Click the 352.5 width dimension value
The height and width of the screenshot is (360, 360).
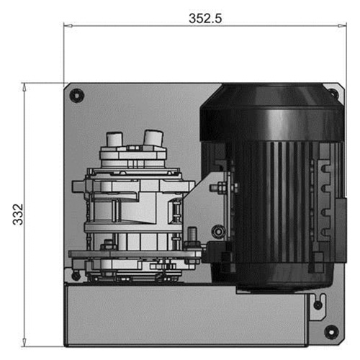coord(205,19)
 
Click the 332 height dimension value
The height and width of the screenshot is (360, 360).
coord(18,215)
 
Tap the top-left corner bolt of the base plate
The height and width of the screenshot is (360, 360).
coord(76,96)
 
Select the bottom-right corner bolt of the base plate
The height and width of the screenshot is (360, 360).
coord(331,332)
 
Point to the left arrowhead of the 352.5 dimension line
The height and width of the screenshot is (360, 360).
coord(68,26)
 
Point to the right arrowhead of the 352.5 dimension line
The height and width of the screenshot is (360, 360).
coord(342,26)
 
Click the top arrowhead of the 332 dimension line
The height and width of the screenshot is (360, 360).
coord(24,87)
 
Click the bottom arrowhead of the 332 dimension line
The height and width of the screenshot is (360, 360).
coord(24,342)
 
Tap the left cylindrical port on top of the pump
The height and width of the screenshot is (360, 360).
coord(114,139)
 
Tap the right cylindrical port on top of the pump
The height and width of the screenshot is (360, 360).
coord(153,138)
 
